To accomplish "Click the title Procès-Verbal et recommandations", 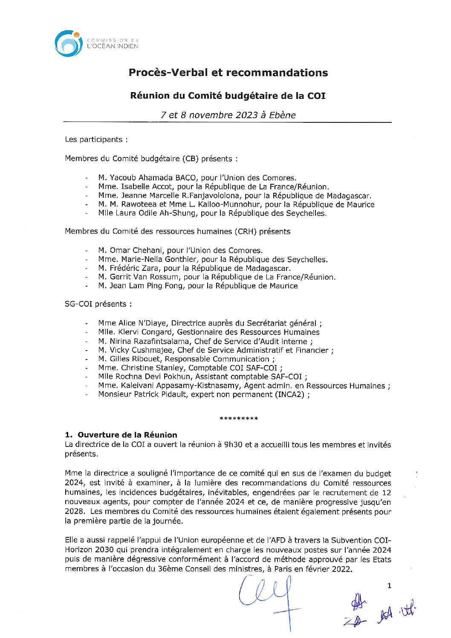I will tap(228, 72).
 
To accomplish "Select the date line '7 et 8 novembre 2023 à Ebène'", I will tap(228, 115).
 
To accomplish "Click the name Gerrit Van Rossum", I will tap(141, 277).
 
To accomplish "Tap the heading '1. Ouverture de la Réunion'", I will tap(121, 435).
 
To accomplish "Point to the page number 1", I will tap(389, 586).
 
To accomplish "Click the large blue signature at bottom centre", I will tap(269, 597).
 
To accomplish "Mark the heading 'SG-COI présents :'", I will tap(98, 304).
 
